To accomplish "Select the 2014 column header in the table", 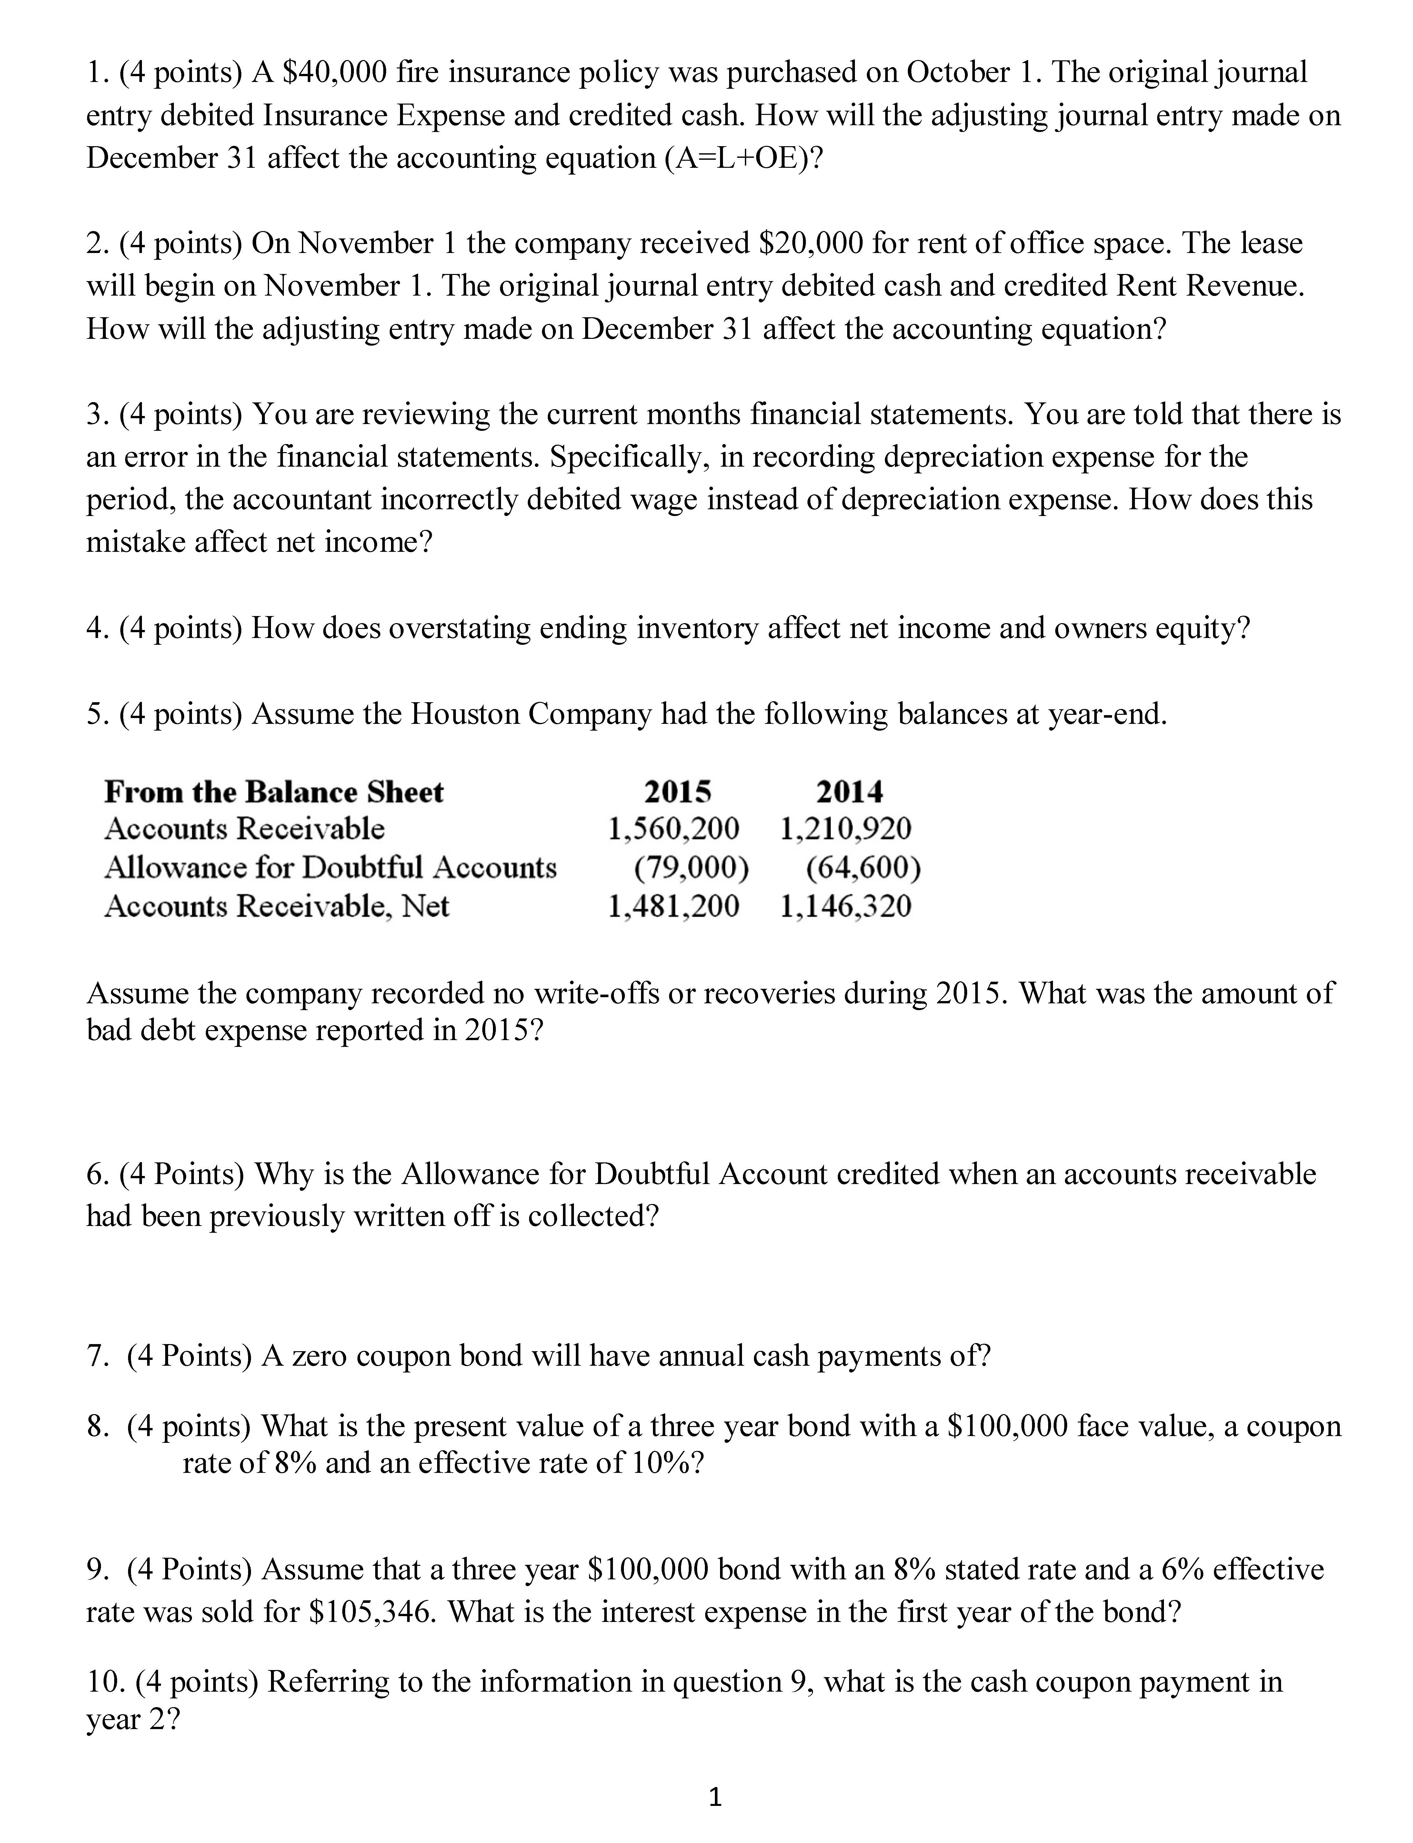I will tap(849, 792).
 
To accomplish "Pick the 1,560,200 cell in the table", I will tap(674, 829).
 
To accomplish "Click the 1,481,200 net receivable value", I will tap(674, 906).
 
